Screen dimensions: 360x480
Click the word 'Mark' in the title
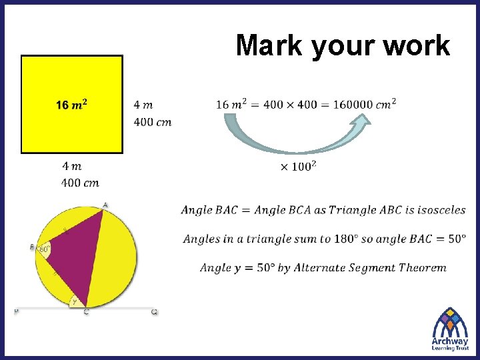pyautogui.click(x=269, y=46)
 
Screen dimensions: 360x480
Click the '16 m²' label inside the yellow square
pyautogui.click(x=72, y=105)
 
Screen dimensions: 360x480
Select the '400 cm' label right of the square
pyautogui.click(x=153, y=122)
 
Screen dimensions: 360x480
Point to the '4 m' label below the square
pyautogui.click(x=72, y=165)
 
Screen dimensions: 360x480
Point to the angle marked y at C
pyautogui.click(x=75, y=302)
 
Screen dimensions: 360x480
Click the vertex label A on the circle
pyautogui.click(x=105, y=205)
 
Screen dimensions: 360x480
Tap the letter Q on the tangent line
pyautogui.click(x=154, y=311)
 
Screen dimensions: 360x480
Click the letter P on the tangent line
pyautogui.click(x=17, y=311)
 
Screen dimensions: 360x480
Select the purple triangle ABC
pyautogui.click(x=77, y=253)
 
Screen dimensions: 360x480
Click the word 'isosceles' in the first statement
pyautogui.click(x=441, y=210)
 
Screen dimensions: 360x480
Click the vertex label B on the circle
pyautogui.click(x=32, y=247)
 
